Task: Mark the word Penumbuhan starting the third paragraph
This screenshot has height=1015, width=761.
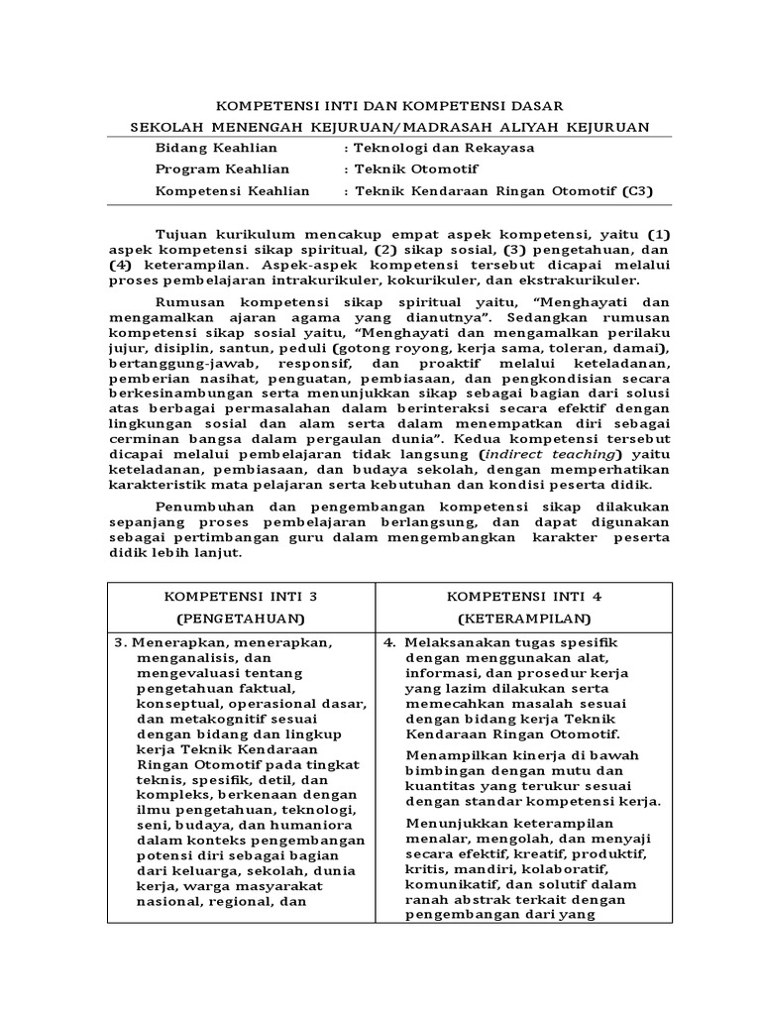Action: (x=202, y=506)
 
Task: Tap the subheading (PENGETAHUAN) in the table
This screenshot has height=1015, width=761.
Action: (x=241, y=619)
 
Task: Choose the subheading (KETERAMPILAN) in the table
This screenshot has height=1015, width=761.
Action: (x=524, y=619)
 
